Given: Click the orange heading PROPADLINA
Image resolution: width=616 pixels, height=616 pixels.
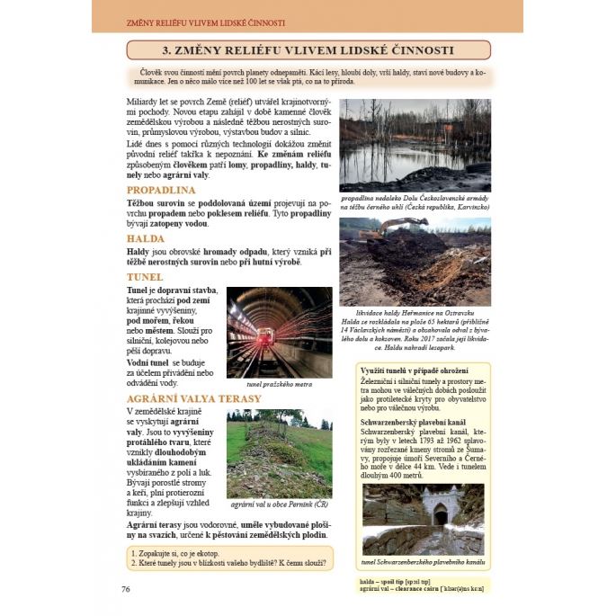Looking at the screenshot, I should [161, 191].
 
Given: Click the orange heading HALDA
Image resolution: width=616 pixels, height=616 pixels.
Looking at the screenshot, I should [146, 238].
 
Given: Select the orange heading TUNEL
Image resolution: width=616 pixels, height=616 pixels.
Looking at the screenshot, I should [145, 277].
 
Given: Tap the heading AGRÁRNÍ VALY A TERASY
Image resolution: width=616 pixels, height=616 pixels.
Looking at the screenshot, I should [193, 398].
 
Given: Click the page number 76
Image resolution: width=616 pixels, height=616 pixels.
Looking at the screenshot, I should [126, 588].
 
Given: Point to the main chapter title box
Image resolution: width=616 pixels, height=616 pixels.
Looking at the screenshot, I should [308, 49].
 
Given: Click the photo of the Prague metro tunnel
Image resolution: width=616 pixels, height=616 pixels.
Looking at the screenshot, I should [279, 332].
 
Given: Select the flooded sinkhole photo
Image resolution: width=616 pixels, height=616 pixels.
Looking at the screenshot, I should [415, 145].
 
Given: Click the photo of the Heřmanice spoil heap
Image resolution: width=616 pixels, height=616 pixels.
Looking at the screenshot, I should [415, 262].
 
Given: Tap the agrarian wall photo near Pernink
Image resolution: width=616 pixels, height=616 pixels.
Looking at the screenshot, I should [279, 453].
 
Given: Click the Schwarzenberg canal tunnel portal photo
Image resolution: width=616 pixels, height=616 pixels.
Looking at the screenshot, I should [423, 519].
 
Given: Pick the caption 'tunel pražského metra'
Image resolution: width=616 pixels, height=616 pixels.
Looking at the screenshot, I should [279, 385].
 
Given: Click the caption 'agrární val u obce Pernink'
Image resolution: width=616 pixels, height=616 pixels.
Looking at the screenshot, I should [279, 505].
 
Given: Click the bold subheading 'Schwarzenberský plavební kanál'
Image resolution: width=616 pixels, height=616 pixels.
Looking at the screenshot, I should [412, 421].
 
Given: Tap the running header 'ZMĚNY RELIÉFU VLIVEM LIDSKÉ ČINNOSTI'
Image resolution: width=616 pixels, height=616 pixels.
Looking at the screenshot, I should [208, 22].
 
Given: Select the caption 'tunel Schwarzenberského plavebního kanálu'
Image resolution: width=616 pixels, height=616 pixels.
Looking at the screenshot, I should [423, 562].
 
